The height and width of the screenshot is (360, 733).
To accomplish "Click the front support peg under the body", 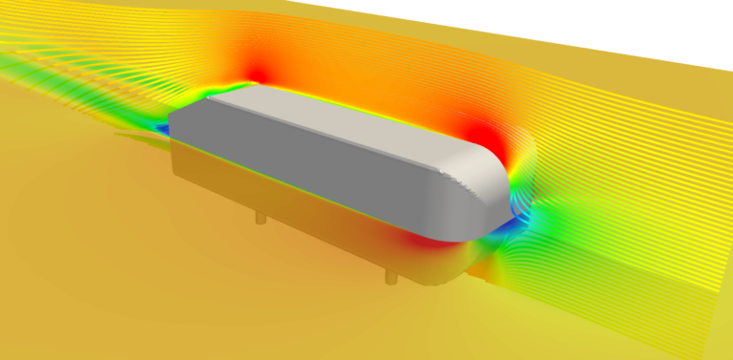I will coord(389,276).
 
